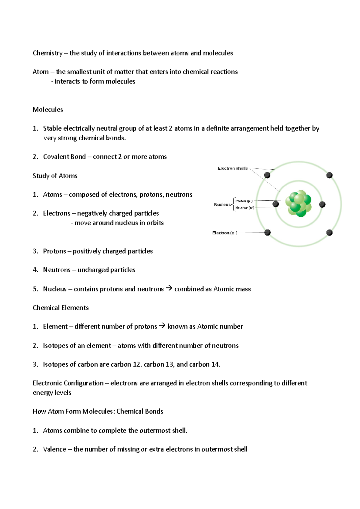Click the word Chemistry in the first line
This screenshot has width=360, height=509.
[47, 53]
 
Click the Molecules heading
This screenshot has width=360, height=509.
[48, 110]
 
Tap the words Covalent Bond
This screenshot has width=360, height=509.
[64, 157]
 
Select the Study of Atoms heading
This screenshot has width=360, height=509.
[55, 176]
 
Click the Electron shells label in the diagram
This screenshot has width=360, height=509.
[232, 168]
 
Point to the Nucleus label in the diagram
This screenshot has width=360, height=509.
[222, 204]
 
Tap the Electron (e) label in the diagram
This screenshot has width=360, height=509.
[224, 233]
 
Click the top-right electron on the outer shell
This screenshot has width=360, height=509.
[329, 175]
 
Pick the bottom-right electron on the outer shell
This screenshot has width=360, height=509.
[329, 232]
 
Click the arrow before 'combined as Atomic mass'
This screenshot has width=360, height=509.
[169, 288]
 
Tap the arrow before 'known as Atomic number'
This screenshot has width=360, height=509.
[162, 326]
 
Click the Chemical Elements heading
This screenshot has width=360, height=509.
[61, 308]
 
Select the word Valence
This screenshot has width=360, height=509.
[54, 449]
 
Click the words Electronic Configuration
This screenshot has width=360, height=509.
[68, 383]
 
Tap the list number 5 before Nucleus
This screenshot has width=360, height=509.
[35, 289]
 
